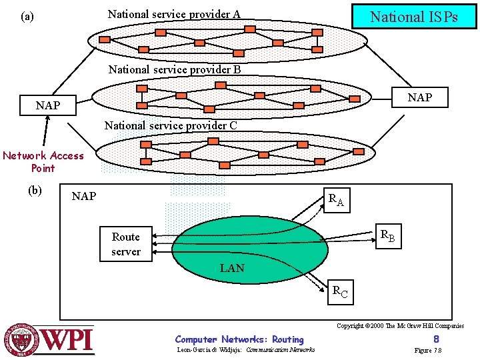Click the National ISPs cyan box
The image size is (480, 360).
click(414, 17)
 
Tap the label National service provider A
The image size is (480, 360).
click(174, 14)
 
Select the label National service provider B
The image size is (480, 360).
click(174, 69)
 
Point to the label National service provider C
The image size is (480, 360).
click(171, 125)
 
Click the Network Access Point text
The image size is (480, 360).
click(43, 162)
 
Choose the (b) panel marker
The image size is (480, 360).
click(35, 190)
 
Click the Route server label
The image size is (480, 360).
click(125, 244)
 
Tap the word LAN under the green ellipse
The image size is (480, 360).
click(232, 269)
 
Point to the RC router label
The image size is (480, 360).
click(340, 291)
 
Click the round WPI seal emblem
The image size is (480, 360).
click(22, 340)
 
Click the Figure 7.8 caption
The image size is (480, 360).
click(428, 351)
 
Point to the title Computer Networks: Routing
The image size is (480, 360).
click(239, 340)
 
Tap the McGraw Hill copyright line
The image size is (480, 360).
click(400, 326)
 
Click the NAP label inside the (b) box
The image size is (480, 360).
click(84, 196)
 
